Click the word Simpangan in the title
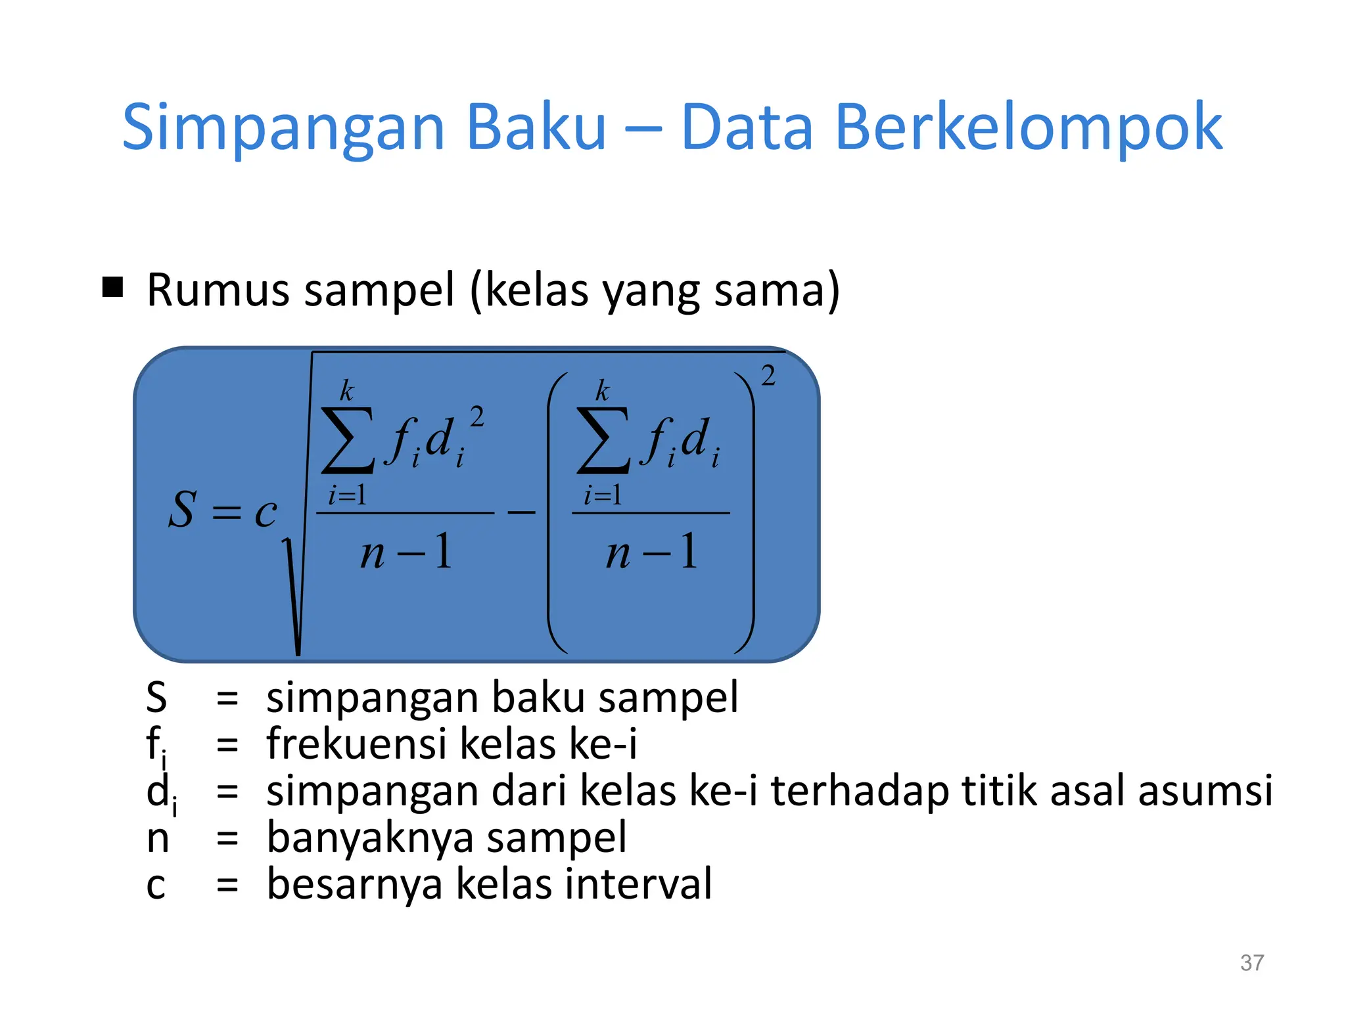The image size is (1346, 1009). tap(284, 127)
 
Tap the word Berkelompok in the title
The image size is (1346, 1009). tap(1028, 127)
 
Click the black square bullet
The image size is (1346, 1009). tap(113, 287)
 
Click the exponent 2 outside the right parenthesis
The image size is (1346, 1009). tap(768, 376)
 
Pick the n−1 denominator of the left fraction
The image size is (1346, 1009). tap(406, 552)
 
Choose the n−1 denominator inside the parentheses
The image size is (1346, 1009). tap(651, 552)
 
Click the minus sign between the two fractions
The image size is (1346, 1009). tap(522, 512)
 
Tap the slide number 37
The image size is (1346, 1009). tap(1251, 963)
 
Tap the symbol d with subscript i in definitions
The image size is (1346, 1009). tap(160, 793)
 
